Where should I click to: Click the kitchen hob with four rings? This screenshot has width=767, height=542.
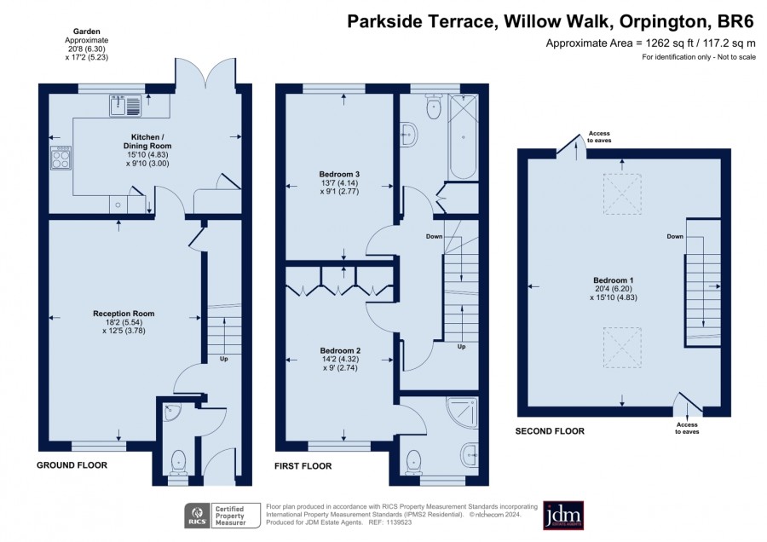coord(61,158)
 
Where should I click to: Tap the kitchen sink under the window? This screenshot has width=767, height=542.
coord(126,105)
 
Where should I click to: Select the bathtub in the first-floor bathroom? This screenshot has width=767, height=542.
coord(463,137)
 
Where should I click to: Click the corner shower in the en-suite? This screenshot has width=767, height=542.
coord(462,411)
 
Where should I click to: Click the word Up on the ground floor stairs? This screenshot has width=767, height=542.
coord(223,359)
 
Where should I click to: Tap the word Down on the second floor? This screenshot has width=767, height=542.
coord(675,236)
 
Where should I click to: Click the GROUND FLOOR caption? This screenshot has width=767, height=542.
coord(72,465)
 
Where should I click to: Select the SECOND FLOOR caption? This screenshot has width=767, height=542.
coord(550,431)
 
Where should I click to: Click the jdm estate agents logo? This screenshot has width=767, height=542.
coord(563,515)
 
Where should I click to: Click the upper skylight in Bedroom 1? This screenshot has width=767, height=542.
coord(622,193)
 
